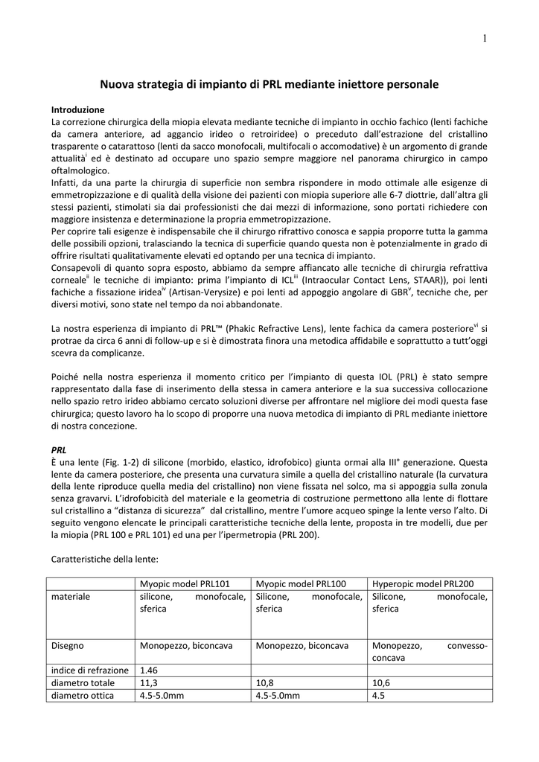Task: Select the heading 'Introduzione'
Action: pos(77,108)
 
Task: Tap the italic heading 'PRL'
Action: pos(59,450)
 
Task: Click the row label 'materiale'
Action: pos(71,597)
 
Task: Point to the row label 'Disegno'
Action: pos(68,646)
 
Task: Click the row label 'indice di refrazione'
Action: pos(89,670)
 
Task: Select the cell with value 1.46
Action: pos(150,670)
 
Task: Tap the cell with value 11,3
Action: pos(148,682)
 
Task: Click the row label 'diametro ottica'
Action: pos(83,696)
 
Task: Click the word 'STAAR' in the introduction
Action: pos(422,280)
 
